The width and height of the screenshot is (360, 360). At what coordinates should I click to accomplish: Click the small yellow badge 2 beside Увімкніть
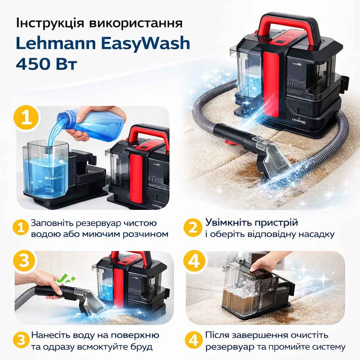193,227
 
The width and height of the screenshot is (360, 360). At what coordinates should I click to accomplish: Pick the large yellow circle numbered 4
194,261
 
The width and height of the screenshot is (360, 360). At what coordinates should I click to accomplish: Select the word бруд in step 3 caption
141,346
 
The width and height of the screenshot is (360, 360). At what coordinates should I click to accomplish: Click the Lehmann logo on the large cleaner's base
299,121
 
